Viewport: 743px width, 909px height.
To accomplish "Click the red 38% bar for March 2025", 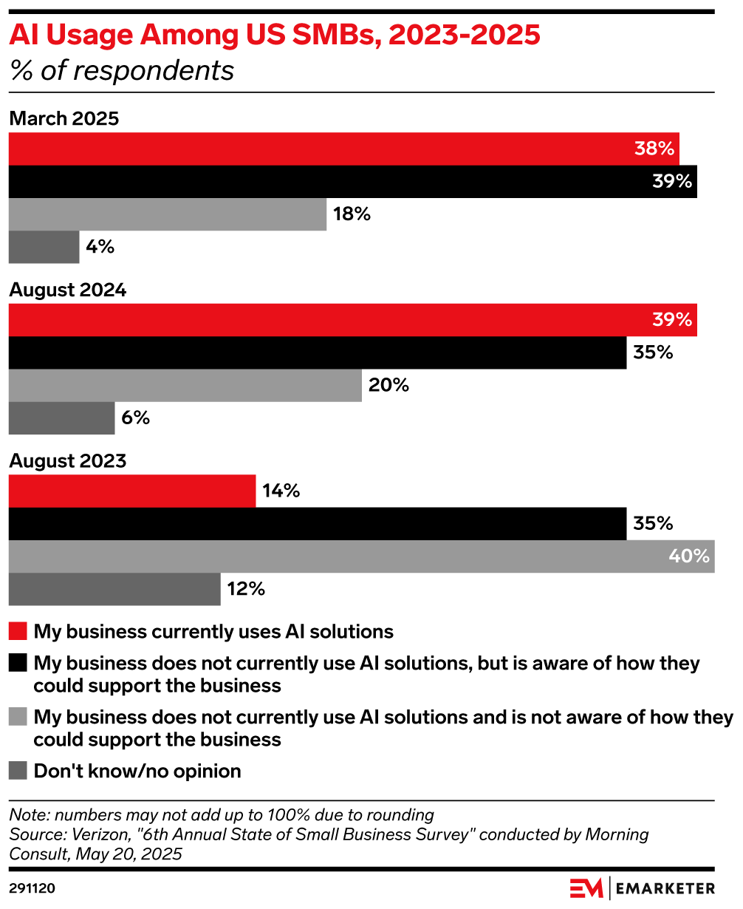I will pyautogui.click(x=343, y=149).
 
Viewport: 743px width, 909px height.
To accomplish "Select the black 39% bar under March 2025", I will pyautogui.click(x=352, y=181).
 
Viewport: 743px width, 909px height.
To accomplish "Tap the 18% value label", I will pyautogui.click(x=352, y=214).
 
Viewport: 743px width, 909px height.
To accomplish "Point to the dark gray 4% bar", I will pyautogui.click(x=44, y=247).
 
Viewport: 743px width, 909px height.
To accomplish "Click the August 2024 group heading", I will pyautogui.click(x=68, y=290).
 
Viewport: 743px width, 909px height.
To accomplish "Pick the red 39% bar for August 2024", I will pyautogui.click(x=352, y=320).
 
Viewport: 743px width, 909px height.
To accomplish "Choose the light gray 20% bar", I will pyautogui.click(x=185, y=385).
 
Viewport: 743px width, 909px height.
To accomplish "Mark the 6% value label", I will pyautogui.click(x=136, y=418).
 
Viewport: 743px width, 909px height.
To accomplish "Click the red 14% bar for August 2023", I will pyautogui.click(x=131, y=491).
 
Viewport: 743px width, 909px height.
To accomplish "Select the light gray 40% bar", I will pyautogui.click(x=361, y=556).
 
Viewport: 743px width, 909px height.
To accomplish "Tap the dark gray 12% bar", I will pyautogui.click(x=114, y=589).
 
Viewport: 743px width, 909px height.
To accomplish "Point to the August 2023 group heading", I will pyautogui.click(x=68, y=461).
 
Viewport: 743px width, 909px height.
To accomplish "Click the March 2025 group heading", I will pyautogui.click(x=64, y=119).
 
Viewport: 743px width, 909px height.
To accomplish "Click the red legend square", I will pyautogui.click(x=18, y=632).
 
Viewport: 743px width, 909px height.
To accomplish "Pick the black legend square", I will pyautogui.click(x=18, y=663).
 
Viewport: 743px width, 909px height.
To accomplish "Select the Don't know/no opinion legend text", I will pyautogui.click(x=137, y=771).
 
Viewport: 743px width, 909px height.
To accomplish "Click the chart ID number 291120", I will pyautogui.click(x=32, y=888).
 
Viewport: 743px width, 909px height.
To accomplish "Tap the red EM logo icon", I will pyautogui.click(x=586, y=888).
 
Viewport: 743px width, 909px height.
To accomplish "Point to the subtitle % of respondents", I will pyautogui.click(x=122, y=70).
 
